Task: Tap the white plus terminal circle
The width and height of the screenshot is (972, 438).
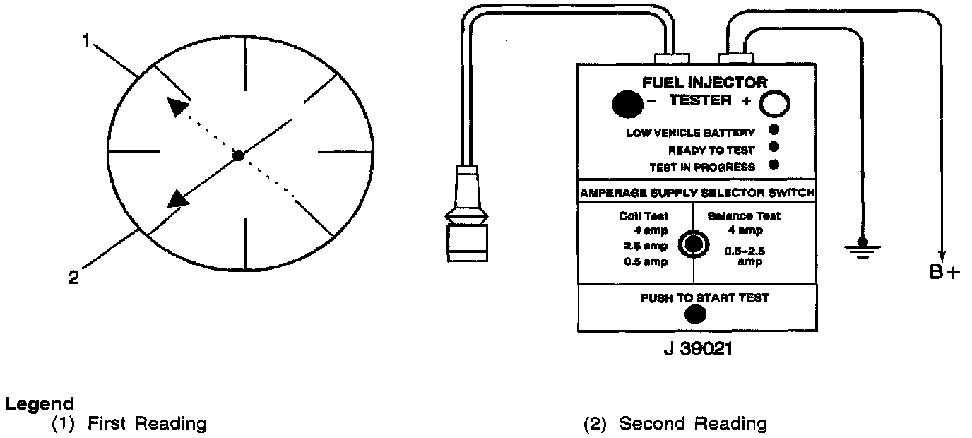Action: (774, 105)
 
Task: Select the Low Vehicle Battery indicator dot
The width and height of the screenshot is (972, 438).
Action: (774, 129)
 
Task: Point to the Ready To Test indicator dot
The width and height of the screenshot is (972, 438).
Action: (774, 148)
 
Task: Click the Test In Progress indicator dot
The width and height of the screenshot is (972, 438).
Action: (774, 165)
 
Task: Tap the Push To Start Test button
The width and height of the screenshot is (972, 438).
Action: (694, 316)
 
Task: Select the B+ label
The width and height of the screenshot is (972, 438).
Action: (944, 272)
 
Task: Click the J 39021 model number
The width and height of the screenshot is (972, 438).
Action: (693, 349)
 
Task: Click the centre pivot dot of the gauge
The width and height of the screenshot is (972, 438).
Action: (239, 156)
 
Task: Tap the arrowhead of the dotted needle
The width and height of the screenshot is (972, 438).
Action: (178, 107)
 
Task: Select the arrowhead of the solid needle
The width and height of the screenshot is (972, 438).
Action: (179, 198)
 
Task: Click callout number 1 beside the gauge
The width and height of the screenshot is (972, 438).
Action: (86, 42)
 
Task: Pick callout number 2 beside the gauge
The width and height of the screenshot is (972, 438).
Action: (73, 278)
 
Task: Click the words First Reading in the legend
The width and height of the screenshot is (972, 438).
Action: (146, 424)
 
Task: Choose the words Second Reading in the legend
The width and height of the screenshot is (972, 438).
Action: (692, 424)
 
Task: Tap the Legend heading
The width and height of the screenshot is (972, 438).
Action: (39, 405)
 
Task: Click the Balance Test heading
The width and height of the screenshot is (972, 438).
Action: (744, 217)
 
